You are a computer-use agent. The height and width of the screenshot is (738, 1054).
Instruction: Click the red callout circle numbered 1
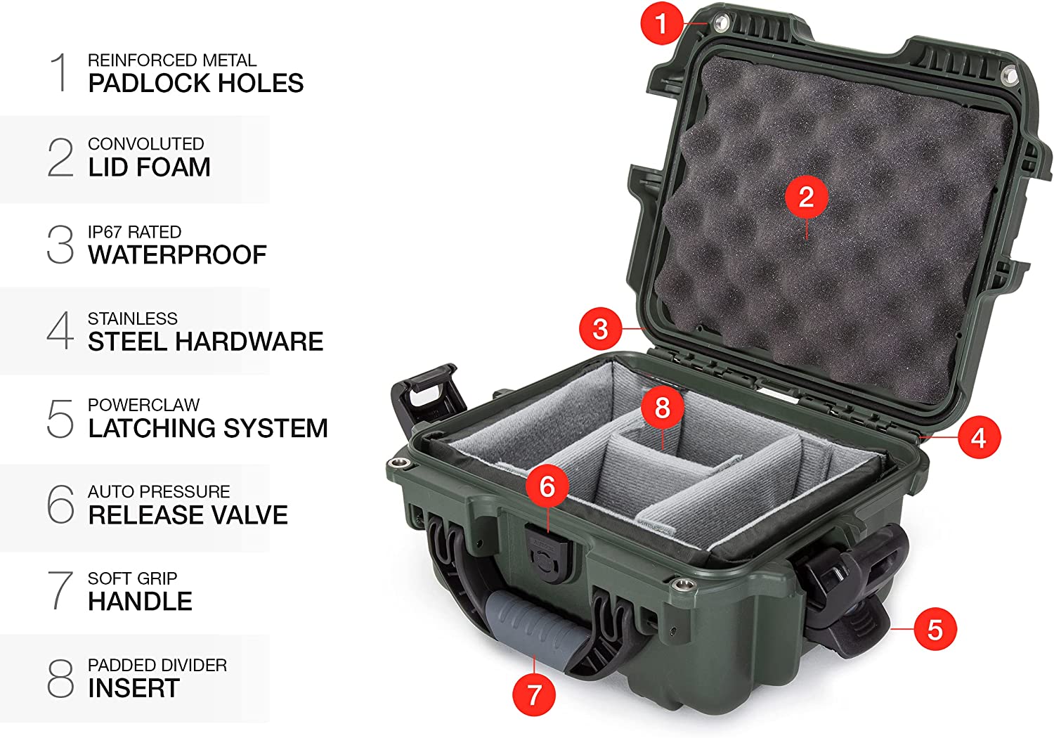click(662, 23)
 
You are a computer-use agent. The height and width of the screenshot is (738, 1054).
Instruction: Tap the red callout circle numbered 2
click(807, 197)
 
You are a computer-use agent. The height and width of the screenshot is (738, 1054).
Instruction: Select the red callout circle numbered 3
click(600, 328)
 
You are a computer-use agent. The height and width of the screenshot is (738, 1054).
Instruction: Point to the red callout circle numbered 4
click(980, 438)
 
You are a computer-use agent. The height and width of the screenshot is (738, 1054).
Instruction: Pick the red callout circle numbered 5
click(935, 629)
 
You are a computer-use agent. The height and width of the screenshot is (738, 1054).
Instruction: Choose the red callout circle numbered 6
click(547, 486)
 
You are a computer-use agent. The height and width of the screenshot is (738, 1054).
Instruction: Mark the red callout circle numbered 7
click(534, 694)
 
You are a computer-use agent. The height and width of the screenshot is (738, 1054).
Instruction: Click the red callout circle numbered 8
click(662, 407)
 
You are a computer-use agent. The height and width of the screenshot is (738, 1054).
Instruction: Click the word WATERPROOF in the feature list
click(177, 255)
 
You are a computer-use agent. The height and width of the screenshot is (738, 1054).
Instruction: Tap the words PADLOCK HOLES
click(196, 84)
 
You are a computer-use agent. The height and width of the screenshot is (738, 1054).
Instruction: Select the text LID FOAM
click(149, 167)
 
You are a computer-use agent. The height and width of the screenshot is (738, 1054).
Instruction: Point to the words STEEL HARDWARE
click(206, 341)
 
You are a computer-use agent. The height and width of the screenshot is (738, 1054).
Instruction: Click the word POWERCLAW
click(143, 405)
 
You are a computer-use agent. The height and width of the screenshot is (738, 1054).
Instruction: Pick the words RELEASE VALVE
click(188, 514)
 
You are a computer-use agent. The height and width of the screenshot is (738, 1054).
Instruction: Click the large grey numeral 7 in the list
click(60, 590)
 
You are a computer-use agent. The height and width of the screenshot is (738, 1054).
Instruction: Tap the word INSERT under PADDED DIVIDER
click(134, 688)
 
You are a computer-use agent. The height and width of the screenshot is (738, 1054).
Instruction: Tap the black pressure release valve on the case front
click(548, 554)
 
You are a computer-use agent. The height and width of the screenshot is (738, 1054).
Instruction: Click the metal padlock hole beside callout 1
click(720, 22)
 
